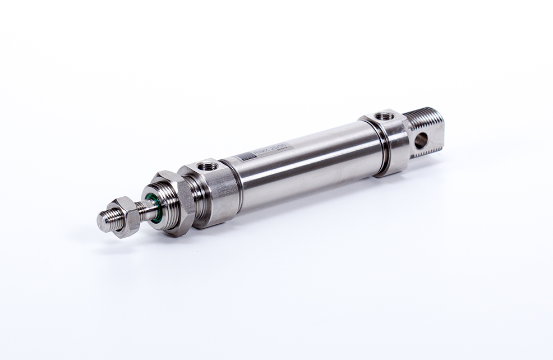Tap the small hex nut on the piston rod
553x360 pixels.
[127, 216]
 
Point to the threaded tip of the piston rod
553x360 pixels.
[108, 220]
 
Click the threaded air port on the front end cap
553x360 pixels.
[209, 166]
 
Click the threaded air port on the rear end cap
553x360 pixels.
[385, 116]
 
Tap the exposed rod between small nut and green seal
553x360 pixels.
[143, 211]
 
